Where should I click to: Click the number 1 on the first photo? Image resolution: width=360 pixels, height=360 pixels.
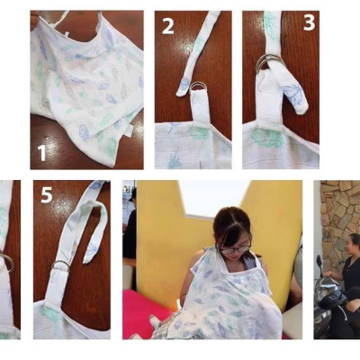[41, 152]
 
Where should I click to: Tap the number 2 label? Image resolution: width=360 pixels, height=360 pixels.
[167, 26]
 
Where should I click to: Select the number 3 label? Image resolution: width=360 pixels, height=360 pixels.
[309, 23]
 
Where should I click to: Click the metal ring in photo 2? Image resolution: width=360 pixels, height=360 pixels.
[184, 88]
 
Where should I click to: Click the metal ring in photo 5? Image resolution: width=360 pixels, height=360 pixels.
[60, 265]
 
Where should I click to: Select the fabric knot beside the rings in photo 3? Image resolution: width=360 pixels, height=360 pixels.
[293, 95]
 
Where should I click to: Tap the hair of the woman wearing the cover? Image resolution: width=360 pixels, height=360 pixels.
[230, 220]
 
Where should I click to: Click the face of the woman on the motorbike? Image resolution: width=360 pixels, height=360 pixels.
[347, 246]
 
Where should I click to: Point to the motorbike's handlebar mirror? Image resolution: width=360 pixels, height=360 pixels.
[319, 264]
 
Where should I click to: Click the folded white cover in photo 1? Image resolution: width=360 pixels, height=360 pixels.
[85, 90]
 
